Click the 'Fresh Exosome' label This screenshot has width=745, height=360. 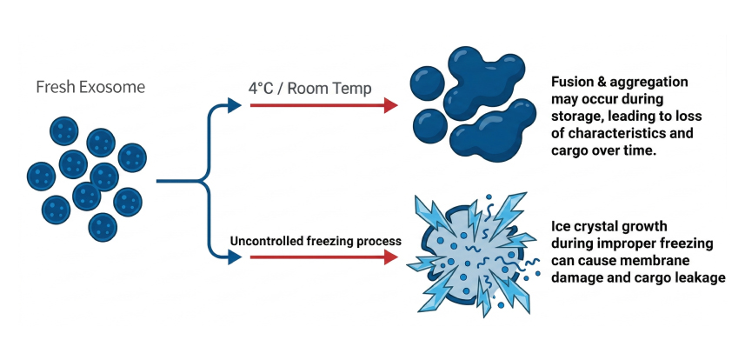[90, 87]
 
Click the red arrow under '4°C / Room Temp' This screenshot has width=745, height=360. [323, 105]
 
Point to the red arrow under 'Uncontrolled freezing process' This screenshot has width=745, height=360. [323, 257]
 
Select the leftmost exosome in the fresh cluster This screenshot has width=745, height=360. [40, 176]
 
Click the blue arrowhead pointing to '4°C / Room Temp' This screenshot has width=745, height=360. [233, 105]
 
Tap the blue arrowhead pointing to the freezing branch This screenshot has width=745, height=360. [233, 257]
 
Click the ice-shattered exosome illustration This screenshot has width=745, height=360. [470, 257]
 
